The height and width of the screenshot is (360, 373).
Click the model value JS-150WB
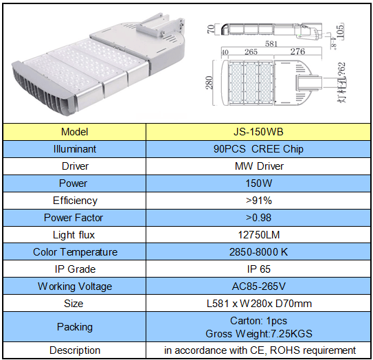click(258, 132)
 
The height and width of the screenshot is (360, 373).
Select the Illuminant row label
click(75, 149)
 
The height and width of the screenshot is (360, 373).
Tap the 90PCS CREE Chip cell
click(258, 149)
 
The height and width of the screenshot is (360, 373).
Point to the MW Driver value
click(259, 166)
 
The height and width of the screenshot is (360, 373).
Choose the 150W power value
click(258, 183)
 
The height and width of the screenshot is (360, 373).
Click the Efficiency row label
click(75, 201)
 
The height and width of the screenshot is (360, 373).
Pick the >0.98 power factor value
click(258, 218)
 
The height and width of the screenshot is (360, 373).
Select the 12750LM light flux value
click(259, 235)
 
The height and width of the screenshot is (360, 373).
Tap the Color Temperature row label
click(75, 252)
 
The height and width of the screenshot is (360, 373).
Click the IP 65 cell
click(259, 269)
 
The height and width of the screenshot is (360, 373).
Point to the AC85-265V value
click(258, 286)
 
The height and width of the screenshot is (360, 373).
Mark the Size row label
click(74, 304)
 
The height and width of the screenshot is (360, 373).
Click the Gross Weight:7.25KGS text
click(259, 334)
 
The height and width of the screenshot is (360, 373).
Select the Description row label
click(75, 350)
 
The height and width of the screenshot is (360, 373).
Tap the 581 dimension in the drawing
click(271, 44)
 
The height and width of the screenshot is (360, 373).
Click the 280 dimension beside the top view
click(209, 83)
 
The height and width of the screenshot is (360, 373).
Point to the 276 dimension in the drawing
click(297, 52)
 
